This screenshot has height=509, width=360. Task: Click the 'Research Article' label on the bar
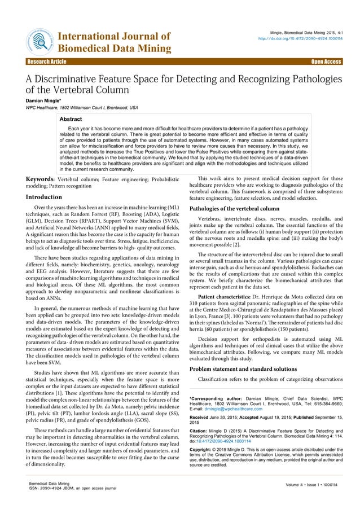[x=43, y=62]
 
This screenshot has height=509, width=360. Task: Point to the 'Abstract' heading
[x=71, y=120]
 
